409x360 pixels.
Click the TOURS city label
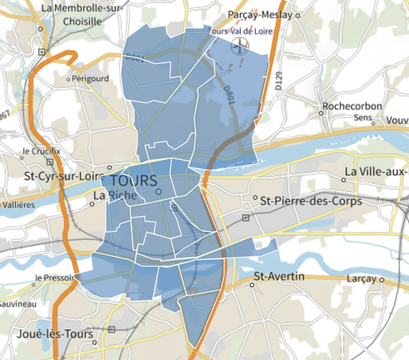click(133, 181)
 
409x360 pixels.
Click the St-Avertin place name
click(279, 277)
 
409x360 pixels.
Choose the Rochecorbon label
click(352, 106)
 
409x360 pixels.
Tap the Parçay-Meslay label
click(260, 15)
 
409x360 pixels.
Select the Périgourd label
click(90, 79)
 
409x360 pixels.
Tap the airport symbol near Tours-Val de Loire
click(239, 48)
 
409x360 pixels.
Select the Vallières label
click(19, 205)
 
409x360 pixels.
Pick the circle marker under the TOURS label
click(158, 192)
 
